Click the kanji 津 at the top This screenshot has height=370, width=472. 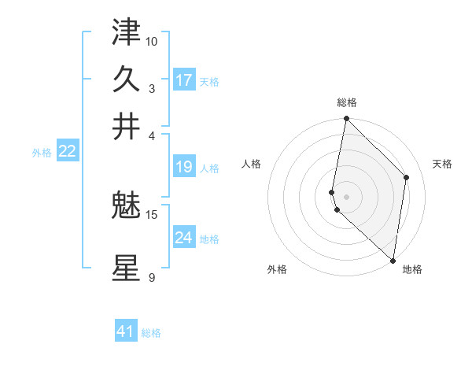tap(126, 32)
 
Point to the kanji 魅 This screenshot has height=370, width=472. tap(126, 205)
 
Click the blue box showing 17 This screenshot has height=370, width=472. tap(184, 80)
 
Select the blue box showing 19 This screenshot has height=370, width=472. tap(184, 167)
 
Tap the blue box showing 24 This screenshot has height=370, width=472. tap(184, 237)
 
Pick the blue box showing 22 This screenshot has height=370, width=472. tap(67, 151)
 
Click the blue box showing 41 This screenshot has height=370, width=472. tap(126, 331)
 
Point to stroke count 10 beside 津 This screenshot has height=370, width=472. tap(152, 40)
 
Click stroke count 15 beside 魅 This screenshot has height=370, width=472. tap(152, 213)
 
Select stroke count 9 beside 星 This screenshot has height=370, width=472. tap(152, 276)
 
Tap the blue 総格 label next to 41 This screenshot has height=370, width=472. tap(151, 333)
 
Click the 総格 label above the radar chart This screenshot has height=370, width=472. tap(347, 102)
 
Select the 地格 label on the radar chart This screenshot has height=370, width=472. tap(412, 269)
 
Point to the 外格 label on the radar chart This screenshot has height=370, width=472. tap(277, 269)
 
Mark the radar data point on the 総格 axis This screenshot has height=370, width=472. tap(346, 119)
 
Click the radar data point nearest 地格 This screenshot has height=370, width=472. tap(393, 261)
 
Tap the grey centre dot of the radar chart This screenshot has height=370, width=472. tap(346, 196)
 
